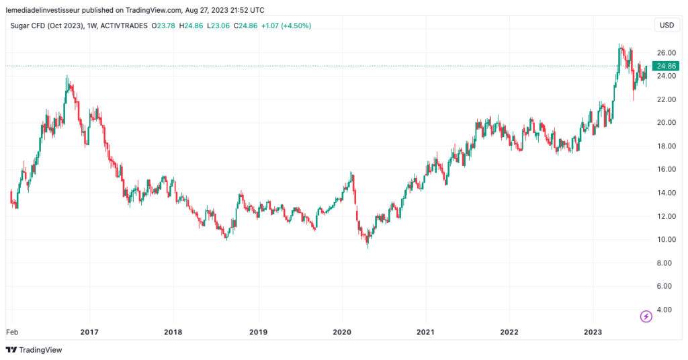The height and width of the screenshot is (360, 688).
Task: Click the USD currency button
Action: (666, 26)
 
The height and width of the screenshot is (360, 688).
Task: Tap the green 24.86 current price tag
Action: (666, 66)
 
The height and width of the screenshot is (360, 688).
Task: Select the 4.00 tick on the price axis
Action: (664, 310)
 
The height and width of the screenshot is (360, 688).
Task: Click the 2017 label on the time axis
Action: (89, 332)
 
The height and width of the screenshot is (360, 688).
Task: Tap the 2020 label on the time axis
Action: (342, 332)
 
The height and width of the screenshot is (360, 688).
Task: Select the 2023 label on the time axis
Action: (593, 332)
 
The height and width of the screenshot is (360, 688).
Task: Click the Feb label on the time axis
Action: (12, 332)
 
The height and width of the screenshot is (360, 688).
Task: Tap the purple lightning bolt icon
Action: (646, 316)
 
